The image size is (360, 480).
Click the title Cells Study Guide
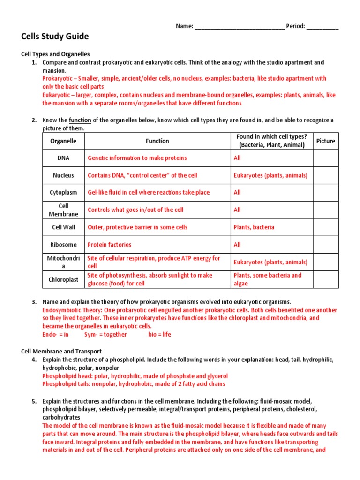(x=55, y=37)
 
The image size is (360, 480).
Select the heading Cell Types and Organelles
(x=56, y=54)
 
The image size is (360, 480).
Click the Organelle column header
(x=63, y=141)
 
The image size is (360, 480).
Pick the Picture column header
(x=325, y=141)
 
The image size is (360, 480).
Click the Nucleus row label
(x=63, y=175)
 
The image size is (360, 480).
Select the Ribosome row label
(x=63, y=245)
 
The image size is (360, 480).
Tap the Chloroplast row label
(x=63, y=279)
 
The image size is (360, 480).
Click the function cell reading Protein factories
(x=110, y=245)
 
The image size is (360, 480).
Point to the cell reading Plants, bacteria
(x=254, y=227)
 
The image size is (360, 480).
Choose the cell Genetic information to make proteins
(x=137, y=158)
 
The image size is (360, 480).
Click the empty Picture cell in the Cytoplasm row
(x=325, y=193)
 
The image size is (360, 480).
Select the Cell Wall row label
(x=63, y=227)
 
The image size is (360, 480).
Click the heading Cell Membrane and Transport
(x=62, y=351)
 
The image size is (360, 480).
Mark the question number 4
(x=34, y=360)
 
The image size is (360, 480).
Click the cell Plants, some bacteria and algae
(x=268, y=279)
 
